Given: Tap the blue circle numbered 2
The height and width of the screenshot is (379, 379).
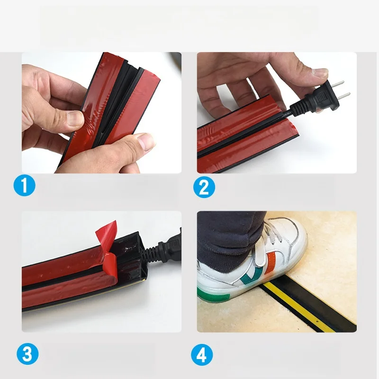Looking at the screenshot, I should click(204, 186).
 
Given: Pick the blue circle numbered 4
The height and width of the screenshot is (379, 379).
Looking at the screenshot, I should click(202, 354).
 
